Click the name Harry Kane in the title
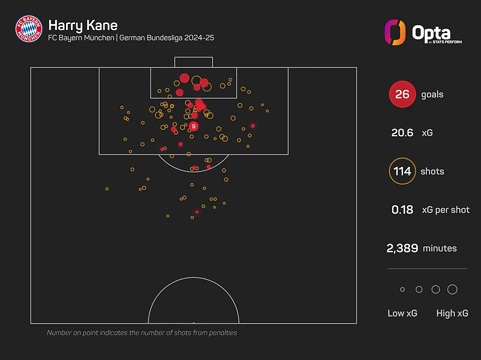(82, 25)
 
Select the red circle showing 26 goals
(402, 94)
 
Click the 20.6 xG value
(402, 133)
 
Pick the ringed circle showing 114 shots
(402, 171)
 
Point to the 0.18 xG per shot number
(402, 210)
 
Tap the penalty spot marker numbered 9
(193, 127)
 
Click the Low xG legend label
(402, 313)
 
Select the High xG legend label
(453, 313)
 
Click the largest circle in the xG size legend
(453, 289)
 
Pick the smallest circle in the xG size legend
(402, 289)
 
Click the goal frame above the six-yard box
(193, 62)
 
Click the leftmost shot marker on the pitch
(107, 189)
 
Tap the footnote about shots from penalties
(142, 332)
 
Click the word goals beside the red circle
(432, 94)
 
